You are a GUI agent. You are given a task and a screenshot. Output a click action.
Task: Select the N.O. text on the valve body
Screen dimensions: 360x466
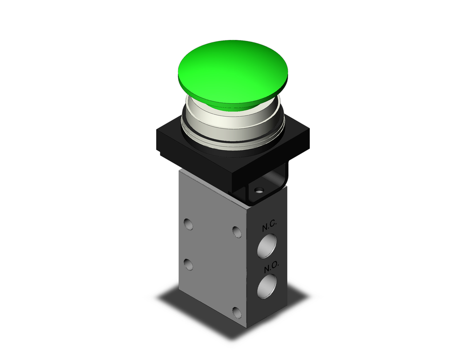pyautogui.click(x=270, y=269)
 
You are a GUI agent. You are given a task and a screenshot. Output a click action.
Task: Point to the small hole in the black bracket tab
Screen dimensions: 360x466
pyautogui.click(x=260, y=190)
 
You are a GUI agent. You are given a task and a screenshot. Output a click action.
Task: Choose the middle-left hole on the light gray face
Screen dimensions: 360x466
pyautogui.click(x=188, y=264)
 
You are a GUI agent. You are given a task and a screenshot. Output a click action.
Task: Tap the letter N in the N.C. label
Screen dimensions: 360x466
pyautogui.click(x=265, y=227)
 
